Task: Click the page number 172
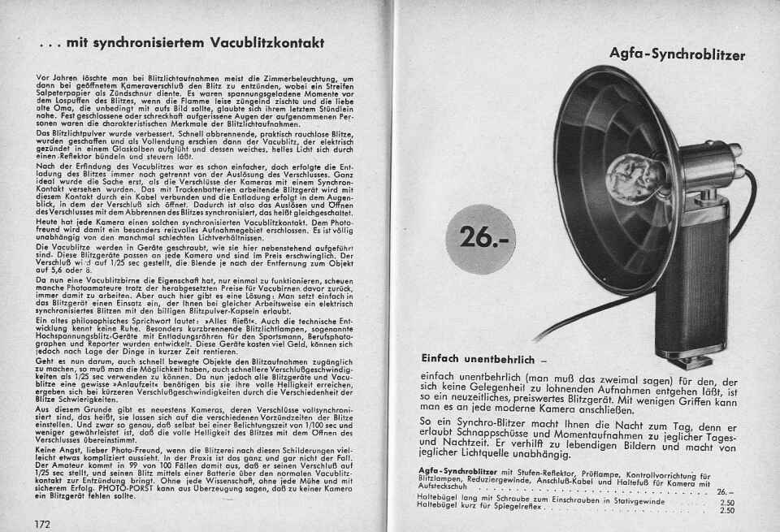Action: pyautogui.click(x=42, y=523)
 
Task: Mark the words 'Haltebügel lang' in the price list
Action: pyautogui.click(x=444, y=501)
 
